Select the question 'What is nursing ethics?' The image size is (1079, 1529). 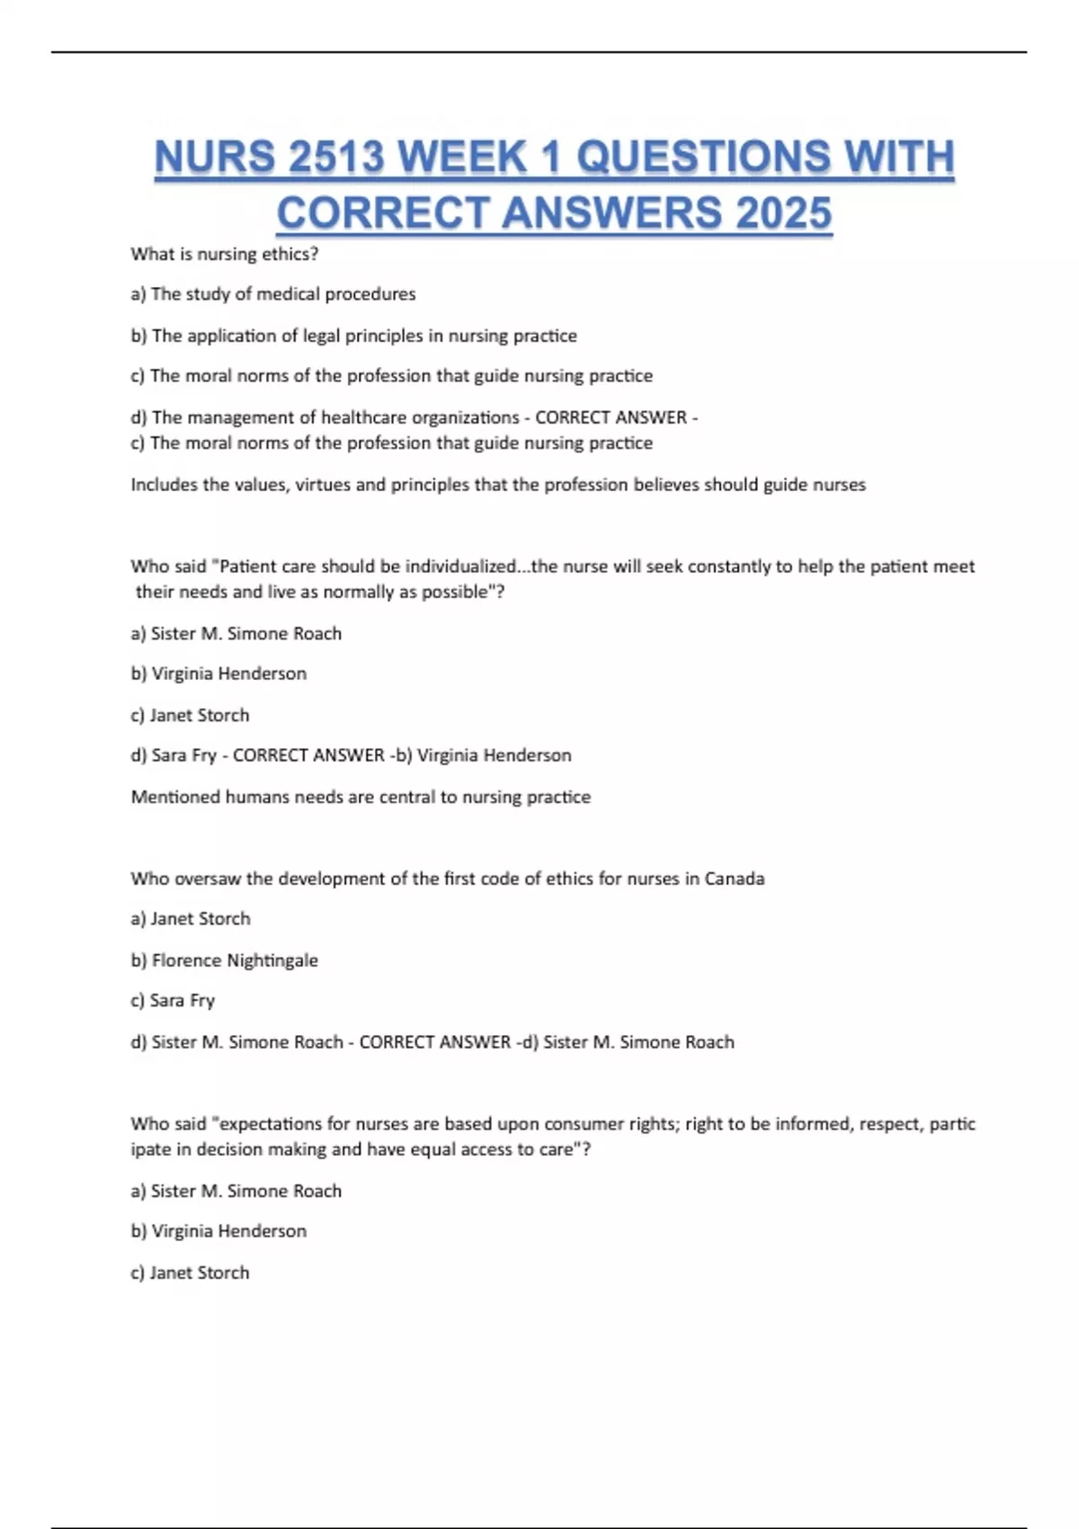225,255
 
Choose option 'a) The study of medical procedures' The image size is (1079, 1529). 273,294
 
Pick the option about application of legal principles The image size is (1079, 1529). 354,335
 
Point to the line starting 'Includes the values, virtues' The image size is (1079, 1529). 498,485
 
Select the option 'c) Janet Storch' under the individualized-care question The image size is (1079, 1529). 190,715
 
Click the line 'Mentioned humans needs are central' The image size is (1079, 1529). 361,797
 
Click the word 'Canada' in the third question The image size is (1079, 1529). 734,879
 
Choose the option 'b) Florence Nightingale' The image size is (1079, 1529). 225,961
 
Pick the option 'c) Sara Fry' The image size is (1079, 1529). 173,1000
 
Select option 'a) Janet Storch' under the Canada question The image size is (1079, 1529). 191,919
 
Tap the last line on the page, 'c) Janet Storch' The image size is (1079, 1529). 190,1273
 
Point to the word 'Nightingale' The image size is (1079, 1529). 272,961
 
